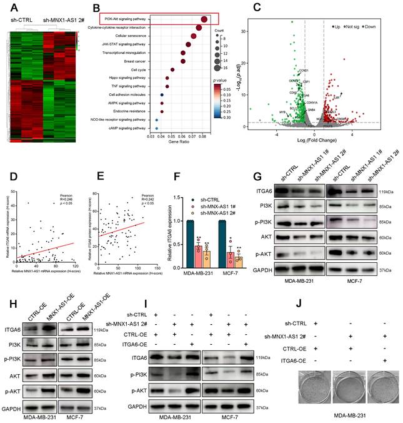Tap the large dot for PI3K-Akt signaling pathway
coord(204,19)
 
